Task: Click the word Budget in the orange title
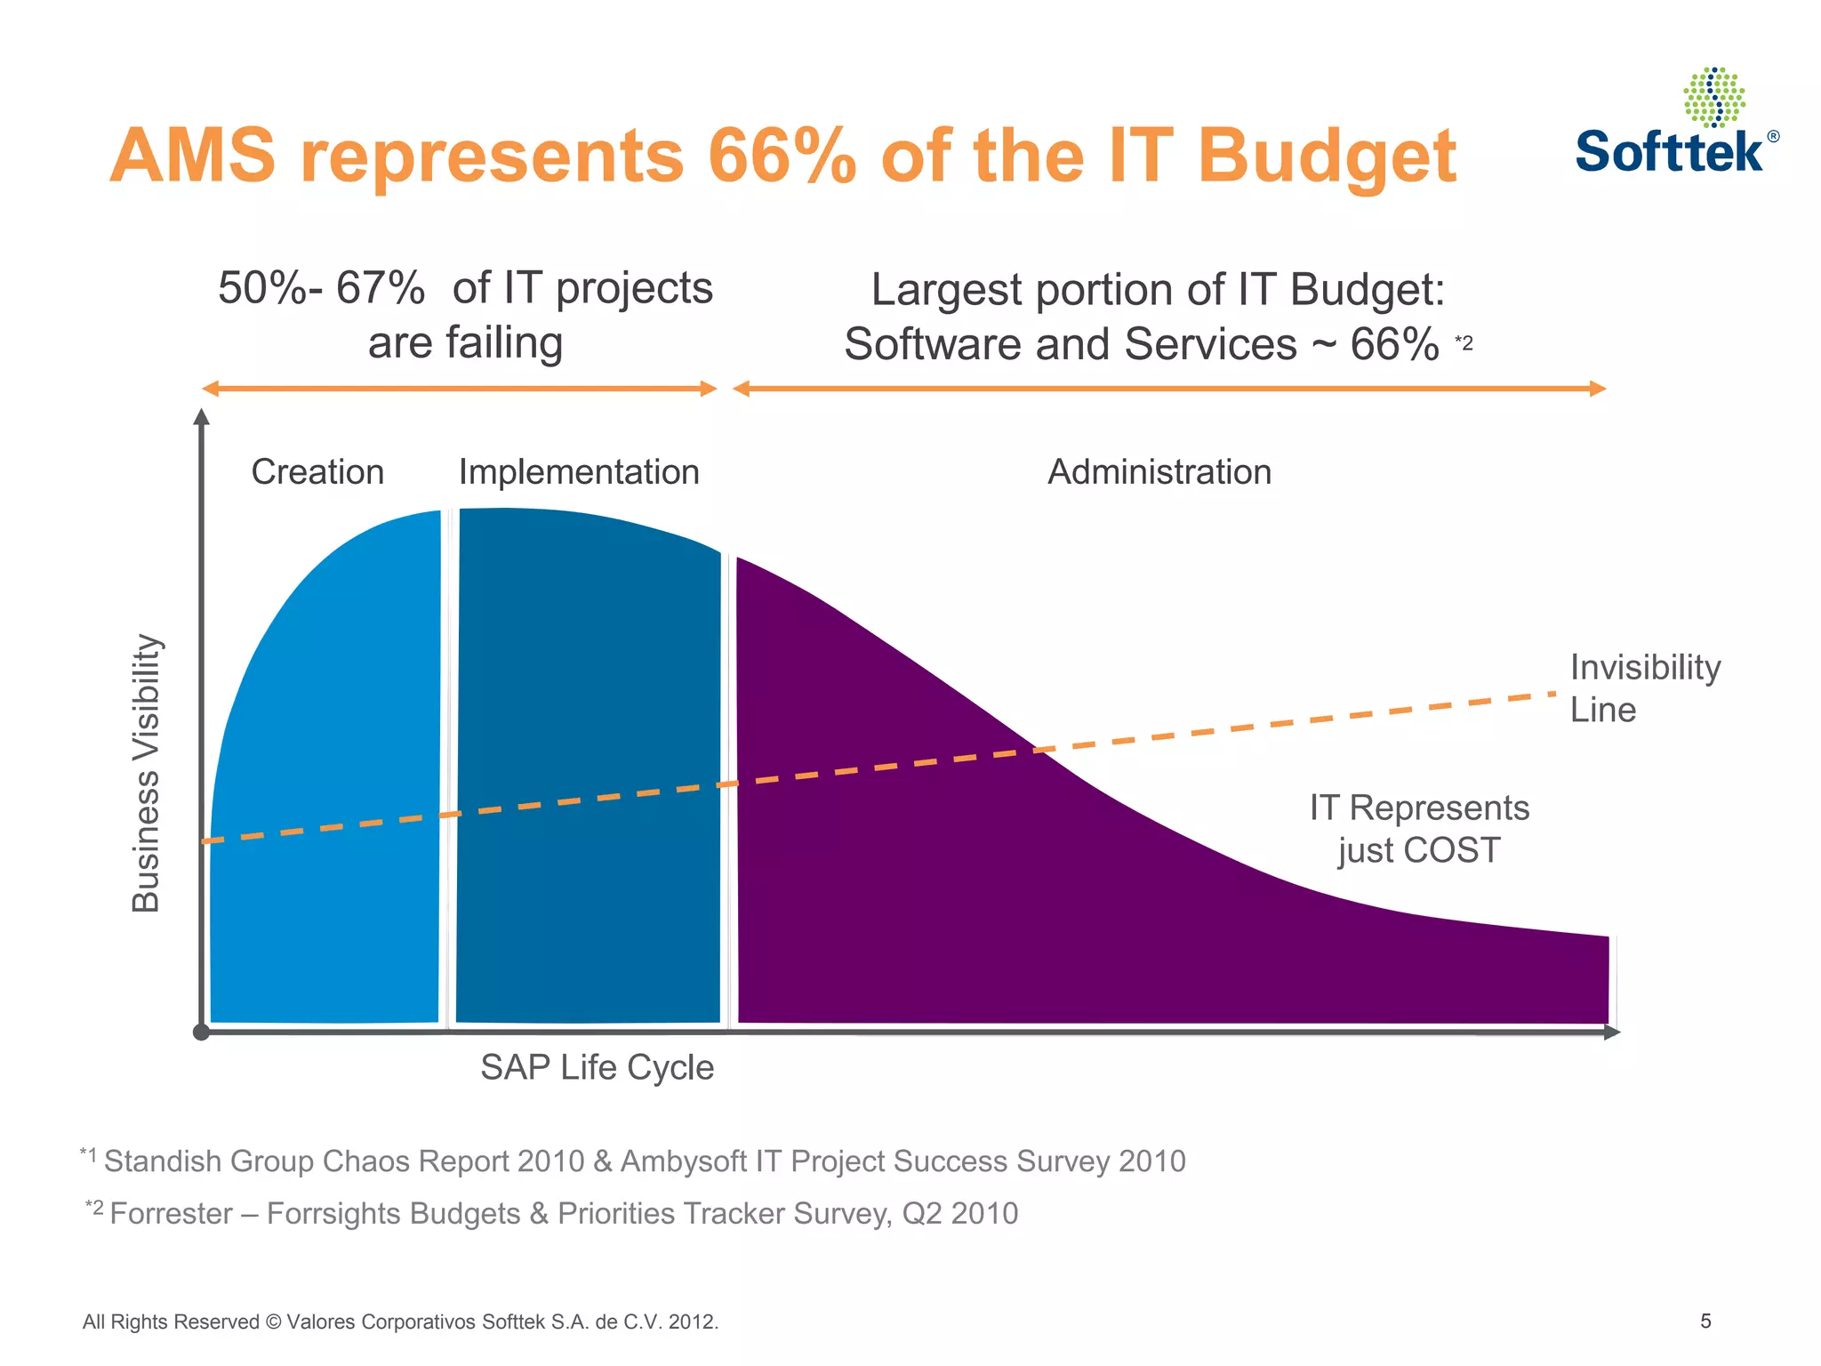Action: point(1327,157)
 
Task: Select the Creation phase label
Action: point(317,471)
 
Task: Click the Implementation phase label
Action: point(579,471)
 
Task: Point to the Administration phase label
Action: point(1159,471)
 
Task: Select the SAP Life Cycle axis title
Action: point(597,1067)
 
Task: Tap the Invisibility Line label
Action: point(1644,687)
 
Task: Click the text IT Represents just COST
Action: point(1419,828)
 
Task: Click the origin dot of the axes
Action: point(201,1033)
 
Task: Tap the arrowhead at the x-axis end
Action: point(1612,1033)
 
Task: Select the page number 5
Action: point(1705,1321)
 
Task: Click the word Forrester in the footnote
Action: point(171,1214)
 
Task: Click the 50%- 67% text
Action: point(322,288)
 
